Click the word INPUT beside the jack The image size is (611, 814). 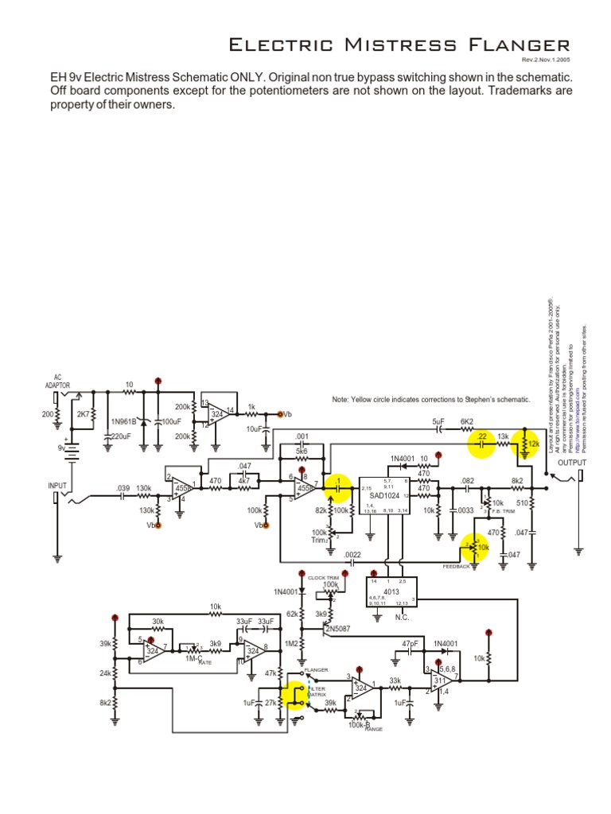pos(58,485)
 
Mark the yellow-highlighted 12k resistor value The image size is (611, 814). pos(533,442)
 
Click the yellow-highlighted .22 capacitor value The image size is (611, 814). pos(481,436)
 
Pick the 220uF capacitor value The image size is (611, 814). pos(121,436)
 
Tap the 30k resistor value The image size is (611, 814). pos(158,622)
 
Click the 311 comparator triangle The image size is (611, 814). pos(443,681)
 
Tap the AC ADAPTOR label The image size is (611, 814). pos(57,381)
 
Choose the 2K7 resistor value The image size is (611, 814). pos(84,414)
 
